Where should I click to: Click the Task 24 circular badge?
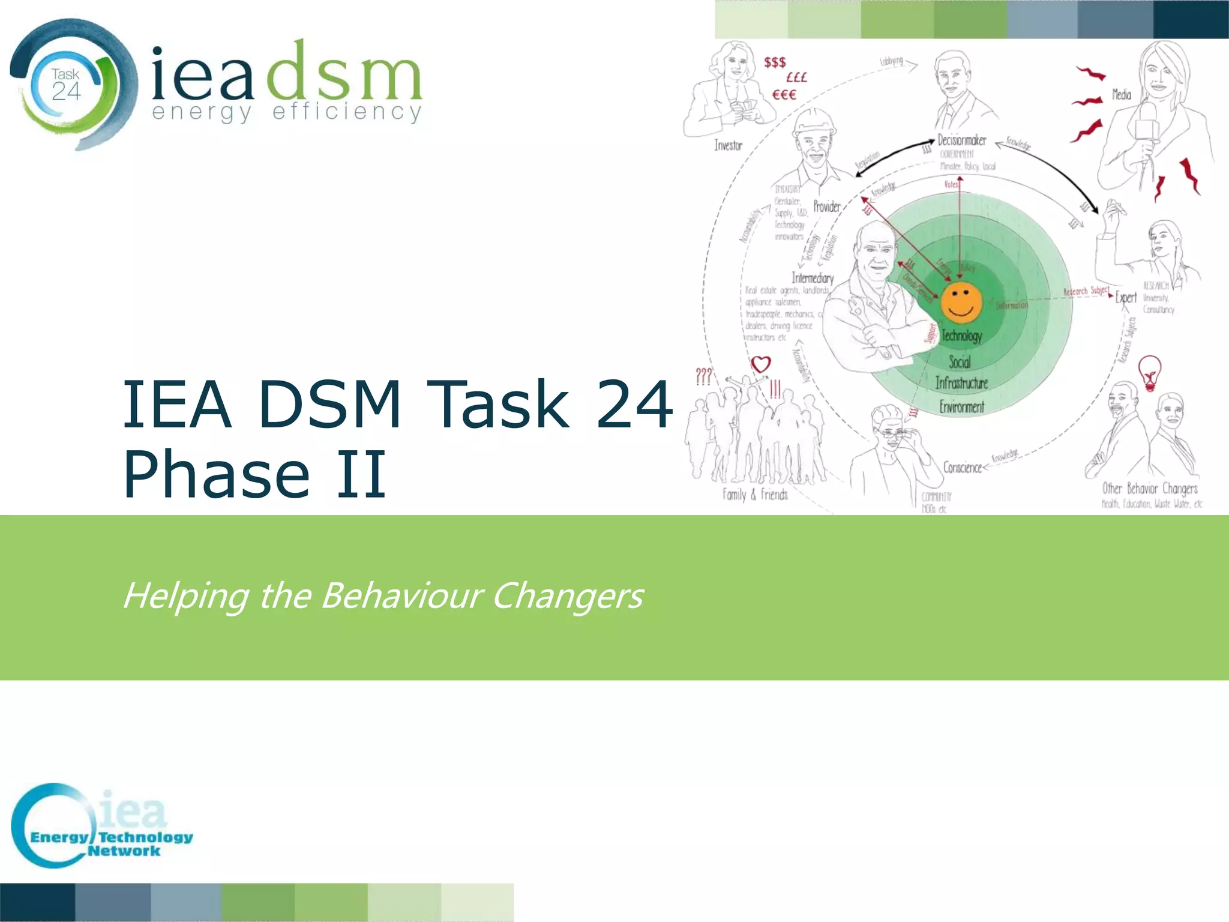tap(66, 85)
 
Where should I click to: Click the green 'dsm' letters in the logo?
tap(344, 73)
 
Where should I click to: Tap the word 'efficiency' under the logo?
tap(347, 112)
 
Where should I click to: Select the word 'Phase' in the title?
tap(217, 474)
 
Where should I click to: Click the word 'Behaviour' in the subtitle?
tap(401, 595)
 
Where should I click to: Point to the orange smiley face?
tap(961, 302)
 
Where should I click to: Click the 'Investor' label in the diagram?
tap(728, 145)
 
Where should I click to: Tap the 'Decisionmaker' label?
tap(962, 140)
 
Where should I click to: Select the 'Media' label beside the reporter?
tap(1121, 94)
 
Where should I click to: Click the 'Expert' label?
tap(1126, 297)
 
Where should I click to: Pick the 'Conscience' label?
tap(962, 467)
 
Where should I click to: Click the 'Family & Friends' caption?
tap(755, 495)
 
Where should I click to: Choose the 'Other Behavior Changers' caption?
tap(1149, 488)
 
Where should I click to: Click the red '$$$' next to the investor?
tap(774, 62)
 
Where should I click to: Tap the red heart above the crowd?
tap(760, 364)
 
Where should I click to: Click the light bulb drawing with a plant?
tap(1149, 373)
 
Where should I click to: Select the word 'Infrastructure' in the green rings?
tap(961, 383)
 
